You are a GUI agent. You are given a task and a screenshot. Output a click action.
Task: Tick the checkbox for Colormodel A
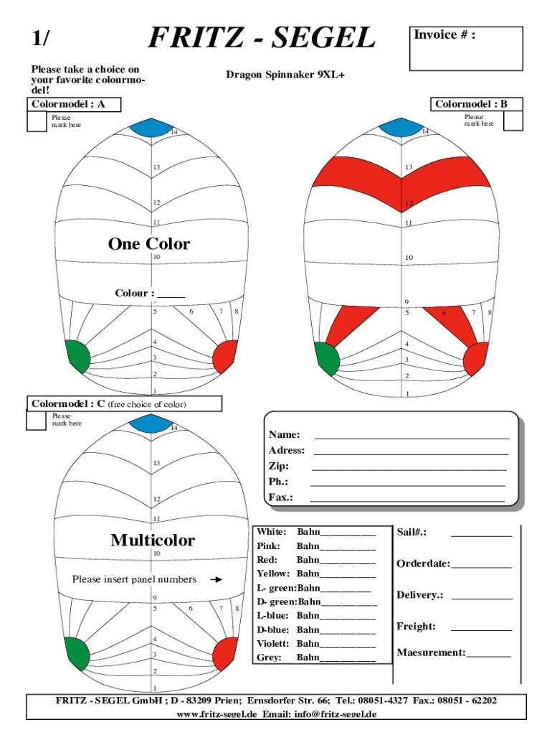[37, 122]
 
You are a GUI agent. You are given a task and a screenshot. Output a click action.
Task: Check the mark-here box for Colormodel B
[513, 121]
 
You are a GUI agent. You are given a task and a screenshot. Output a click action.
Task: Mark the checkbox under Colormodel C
[36, 421]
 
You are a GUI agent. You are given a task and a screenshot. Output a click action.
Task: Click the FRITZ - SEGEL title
[262, 37]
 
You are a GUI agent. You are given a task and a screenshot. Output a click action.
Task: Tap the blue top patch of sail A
[151, 128]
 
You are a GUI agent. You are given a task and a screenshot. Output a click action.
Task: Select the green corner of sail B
[327, 359]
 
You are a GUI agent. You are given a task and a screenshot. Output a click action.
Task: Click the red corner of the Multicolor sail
[225, 654]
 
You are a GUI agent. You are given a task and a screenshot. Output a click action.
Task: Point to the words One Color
[149, 244]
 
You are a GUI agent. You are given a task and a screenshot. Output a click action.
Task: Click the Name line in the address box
[411, 439]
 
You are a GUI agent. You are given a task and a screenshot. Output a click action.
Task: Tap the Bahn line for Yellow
[348, 577]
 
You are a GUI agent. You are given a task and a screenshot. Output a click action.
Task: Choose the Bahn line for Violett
[348, 647]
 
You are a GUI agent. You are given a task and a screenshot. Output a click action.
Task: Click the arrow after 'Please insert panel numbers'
[216, 580]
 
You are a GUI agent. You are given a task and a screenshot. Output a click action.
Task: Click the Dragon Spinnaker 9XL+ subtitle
[285, 75]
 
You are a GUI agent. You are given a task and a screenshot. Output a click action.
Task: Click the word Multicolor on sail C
[153, 540]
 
